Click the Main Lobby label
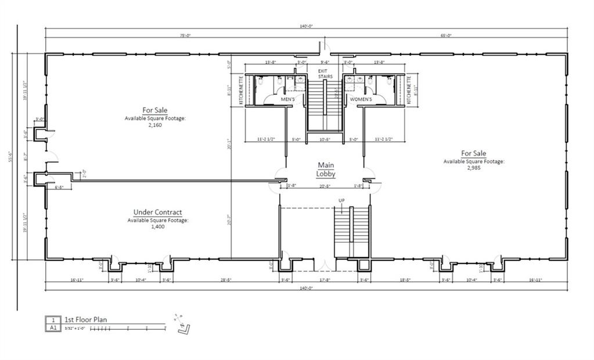coord(325,170)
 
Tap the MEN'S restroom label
coord(289,99)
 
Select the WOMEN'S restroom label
coord(361,99)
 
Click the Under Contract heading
coord(157,213)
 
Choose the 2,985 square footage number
coord(473,168)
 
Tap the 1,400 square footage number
coord(157,227)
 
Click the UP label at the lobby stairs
coord(343,200)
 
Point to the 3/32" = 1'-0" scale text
coord(75,328)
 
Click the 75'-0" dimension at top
coord(185,35)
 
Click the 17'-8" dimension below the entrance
coord(325,280)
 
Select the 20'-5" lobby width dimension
coord(325,186)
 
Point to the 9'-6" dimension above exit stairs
coord(325,62)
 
